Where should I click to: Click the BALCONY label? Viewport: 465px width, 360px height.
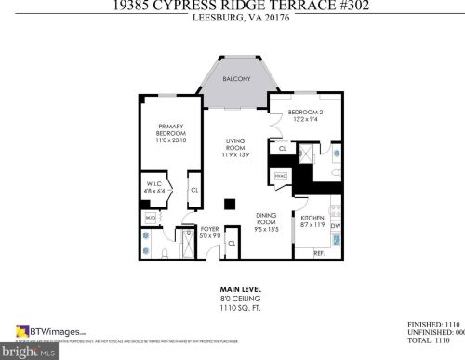237,80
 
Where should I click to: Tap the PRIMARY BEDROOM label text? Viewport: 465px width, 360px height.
170,133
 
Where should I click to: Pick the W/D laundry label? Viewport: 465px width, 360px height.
150,218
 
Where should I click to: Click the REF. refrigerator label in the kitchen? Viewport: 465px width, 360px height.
318,253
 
